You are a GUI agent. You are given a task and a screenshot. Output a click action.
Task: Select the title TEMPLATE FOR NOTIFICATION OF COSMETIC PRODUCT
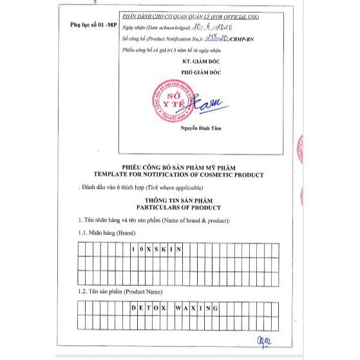[x=178, y=175]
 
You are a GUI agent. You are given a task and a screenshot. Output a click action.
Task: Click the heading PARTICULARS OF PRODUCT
[x=178, y=208]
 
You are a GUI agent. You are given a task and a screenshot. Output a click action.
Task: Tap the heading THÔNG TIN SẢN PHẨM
[x=178, y=201]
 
